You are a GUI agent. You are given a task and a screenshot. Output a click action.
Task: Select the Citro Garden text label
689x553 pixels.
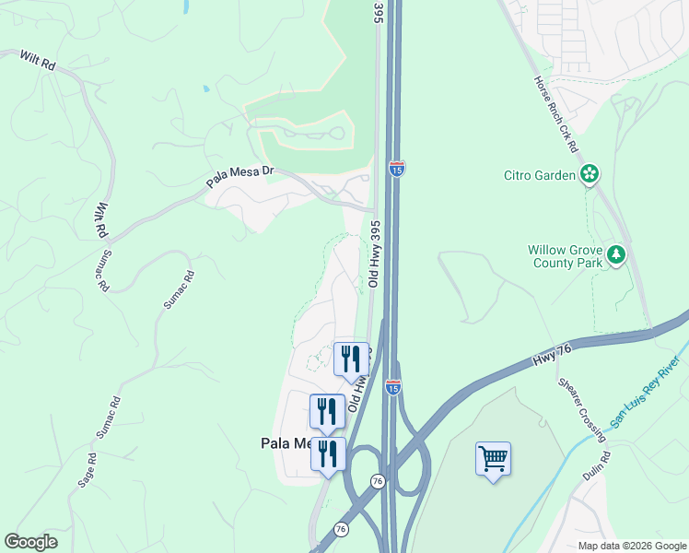540,175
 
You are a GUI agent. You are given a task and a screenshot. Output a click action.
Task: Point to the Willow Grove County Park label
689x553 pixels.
565,255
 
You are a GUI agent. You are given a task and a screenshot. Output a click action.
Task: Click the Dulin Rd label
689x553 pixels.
596,466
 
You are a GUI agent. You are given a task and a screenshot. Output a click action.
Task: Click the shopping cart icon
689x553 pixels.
493,458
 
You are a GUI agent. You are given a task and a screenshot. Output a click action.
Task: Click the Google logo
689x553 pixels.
30,542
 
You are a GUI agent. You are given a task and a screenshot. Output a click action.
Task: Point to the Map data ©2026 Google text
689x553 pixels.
631,546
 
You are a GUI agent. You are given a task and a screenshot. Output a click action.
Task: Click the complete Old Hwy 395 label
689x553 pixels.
375,253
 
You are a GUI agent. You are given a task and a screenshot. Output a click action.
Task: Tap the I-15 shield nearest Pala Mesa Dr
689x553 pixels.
397,168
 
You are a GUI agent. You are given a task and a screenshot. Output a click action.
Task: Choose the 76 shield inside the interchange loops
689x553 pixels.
378,481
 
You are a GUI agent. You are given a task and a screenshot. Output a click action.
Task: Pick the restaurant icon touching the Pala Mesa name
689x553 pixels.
327,453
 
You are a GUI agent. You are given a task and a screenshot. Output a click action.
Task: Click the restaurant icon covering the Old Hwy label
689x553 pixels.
350,358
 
